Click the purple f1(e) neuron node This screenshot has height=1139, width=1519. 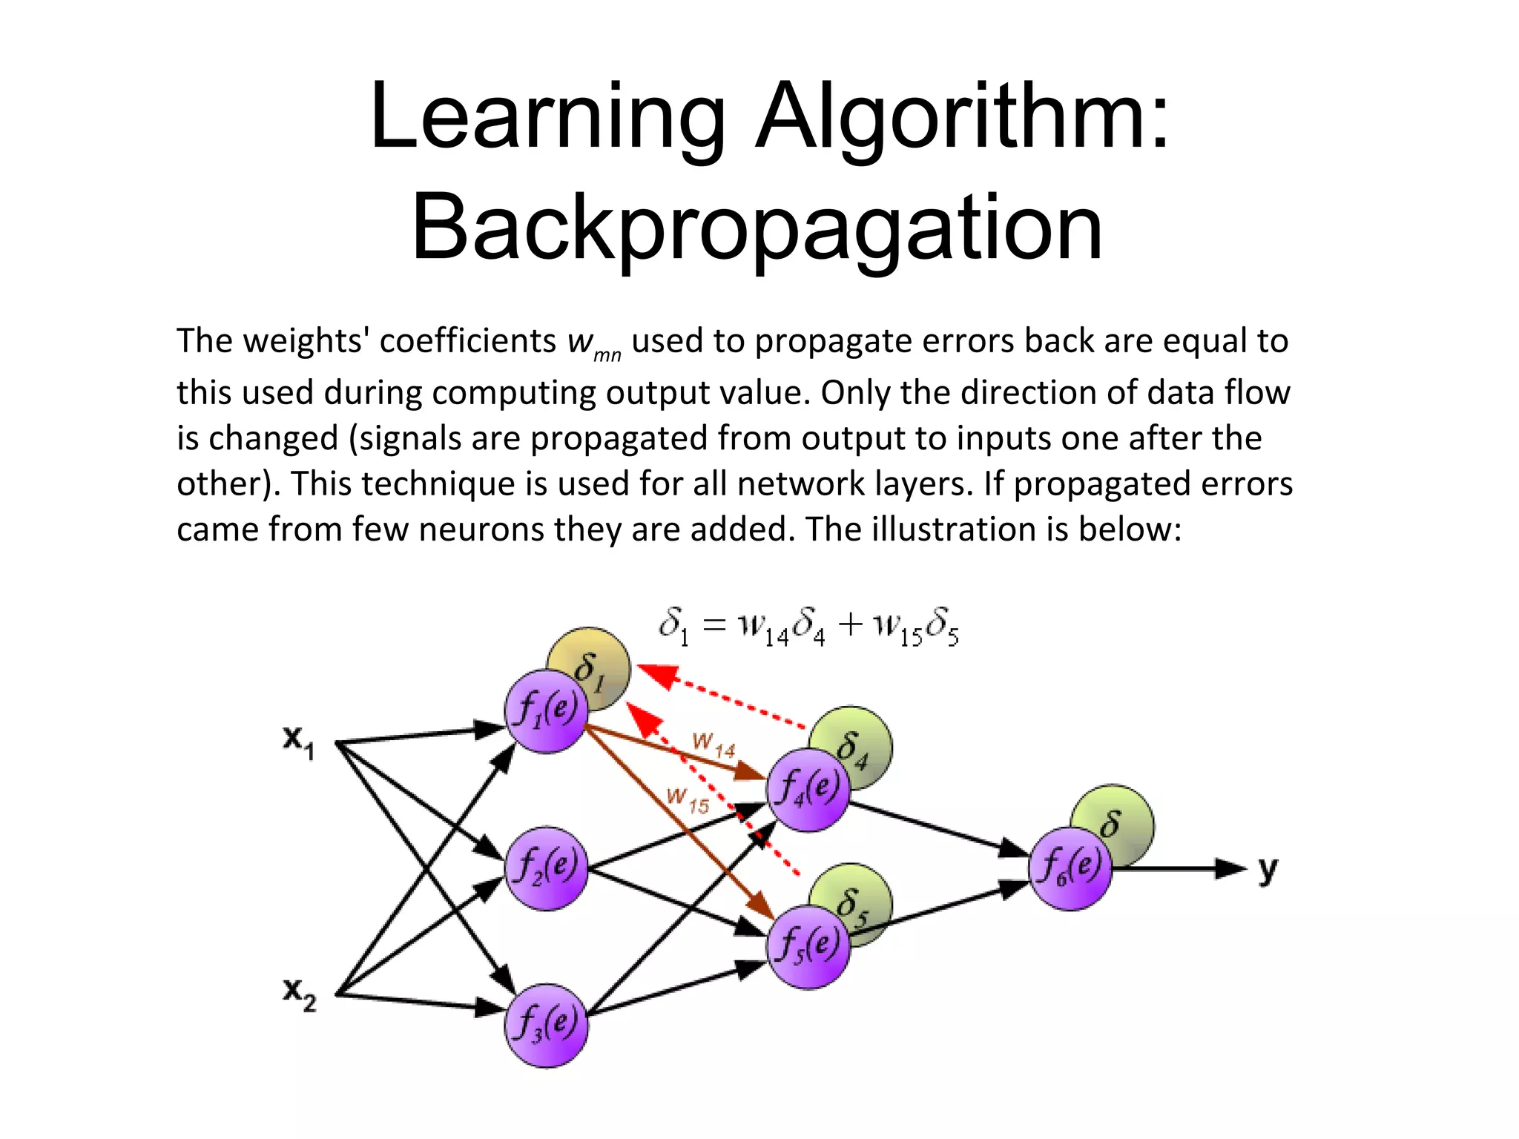(547, 711)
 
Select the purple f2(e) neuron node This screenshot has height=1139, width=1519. (547, 868)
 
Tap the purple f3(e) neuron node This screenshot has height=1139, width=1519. (547, 1026)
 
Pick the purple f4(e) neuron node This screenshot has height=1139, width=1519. (808, 790)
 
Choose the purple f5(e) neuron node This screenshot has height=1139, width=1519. (808, 947)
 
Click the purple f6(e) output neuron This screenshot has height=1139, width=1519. (1070, 868)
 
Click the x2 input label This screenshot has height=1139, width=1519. (299, 994)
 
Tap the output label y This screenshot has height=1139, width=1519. (1268, 869)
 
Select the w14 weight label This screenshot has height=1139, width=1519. (713, 745)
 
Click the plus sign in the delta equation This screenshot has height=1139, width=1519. (851, 624)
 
